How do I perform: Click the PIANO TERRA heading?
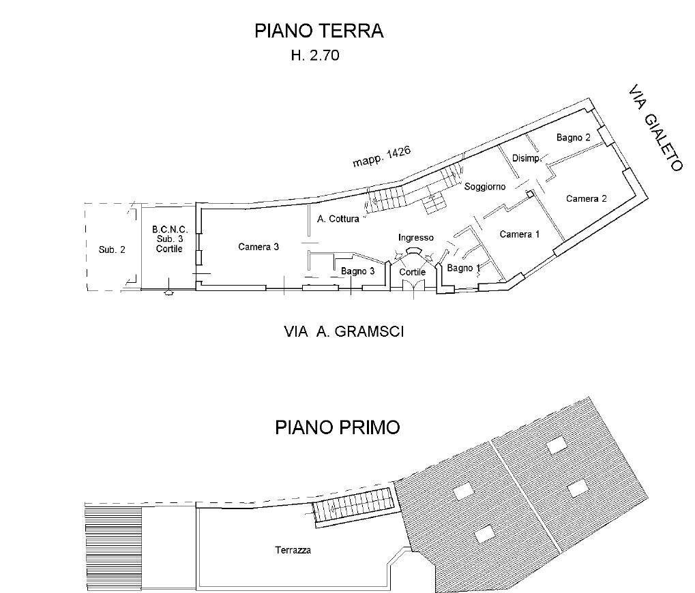click(x=319, y=31)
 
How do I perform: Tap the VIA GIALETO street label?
click(x=655, y=129)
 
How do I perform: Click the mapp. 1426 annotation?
click(x=381, y=157)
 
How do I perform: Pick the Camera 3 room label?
click(x=258, y=247)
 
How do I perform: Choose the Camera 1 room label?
click(x=520, y=234)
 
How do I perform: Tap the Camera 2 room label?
click(x=586, y=199)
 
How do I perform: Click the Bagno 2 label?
click(x=573, y=138)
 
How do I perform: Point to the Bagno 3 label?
click(x=358, y=271)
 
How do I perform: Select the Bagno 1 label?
click(x=464, y=269)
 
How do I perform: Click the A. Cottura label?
click(x=338, y=219)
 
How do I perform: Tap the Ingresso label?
click(x=415, y=238)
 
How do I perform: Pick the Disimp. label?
click(x=527, y=159)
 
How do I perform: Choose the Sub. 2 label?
click(x=112, y=250)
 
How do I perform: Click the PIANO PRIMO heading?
click(x=337, y=428)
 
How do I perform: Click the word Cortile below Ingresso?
click(x=413, y=272)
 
